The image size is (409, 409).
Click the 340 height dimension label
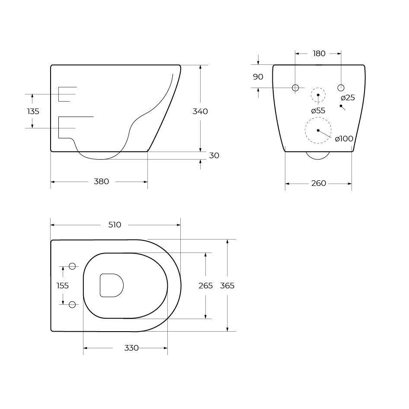click(x=200, y=112)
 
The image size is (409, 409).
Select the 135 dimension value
click(x=33, y=112)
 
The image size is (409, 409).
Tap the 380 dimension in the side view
click(x=102, y=182)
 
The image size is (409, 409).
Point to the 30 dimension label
click(x=214, y=156)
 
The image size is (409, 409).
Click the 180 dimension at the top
click(x=319, y=54)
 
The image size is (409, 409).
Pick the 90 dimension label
click(x=258, y=77)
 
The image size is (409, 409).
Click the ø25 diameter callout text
click(x=348, y=98)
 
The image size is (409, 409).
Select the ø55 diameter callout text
click(x=318, y=111)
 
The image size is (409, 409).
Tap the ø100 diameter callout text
click(x=344, y=139)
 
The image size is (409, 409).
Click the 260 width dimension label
click(x=319, y=184)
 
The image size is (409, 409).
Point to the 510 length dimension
click(x=115, y=225)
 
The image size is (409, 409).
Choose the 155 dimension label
click(x=63, y=286)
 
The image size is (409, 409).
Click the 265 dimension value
click(x=205, y=286)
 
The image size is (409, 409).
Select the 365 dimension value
click(x=227, y=286)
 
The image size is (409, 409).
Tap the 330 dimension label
click(x=131, y=348)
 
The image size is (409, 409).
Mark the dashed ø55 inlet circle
click(x=318, y=95)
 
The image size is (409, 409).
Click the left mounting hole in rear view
click(x=295, y=88)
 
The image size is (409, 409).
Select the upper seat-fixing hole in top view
click(x=72, y=266)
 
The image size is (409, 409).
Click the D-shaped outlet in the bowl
click(x=111, y=285)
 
